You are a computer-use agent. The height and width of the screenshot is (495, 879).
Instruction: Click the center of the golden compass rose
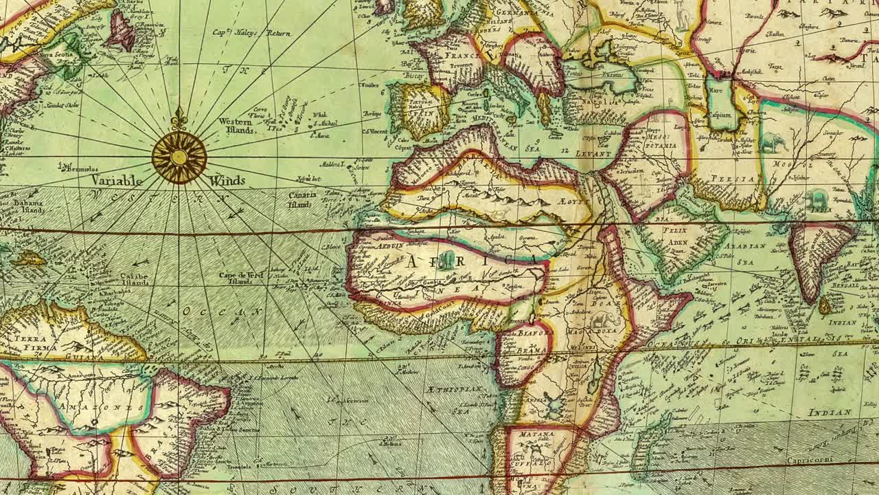[x=179, y=157]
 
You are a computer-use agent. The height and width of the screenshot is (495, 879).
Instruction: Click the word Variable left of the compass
[x=117, y=181]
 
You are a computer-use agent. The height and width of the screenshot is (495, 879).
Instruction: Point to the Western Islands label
[x=236, y=125]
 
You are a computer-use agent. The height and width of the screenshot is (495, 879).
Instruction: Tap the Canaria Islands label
[x=301, y=199]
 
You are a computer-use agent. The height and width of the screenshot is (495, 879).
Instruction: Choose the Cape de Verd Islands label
[x=240, y=278]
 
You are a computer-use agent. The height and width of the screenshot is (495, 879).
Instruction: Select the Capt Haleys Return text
[x=251, y=32]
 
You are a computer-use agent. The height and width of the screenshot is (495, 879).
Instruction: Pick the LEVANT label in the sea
[x=594, y=154]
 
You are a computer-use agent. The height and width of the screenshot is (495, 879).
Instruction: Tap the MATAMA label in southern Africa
[x=536, y=434]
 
